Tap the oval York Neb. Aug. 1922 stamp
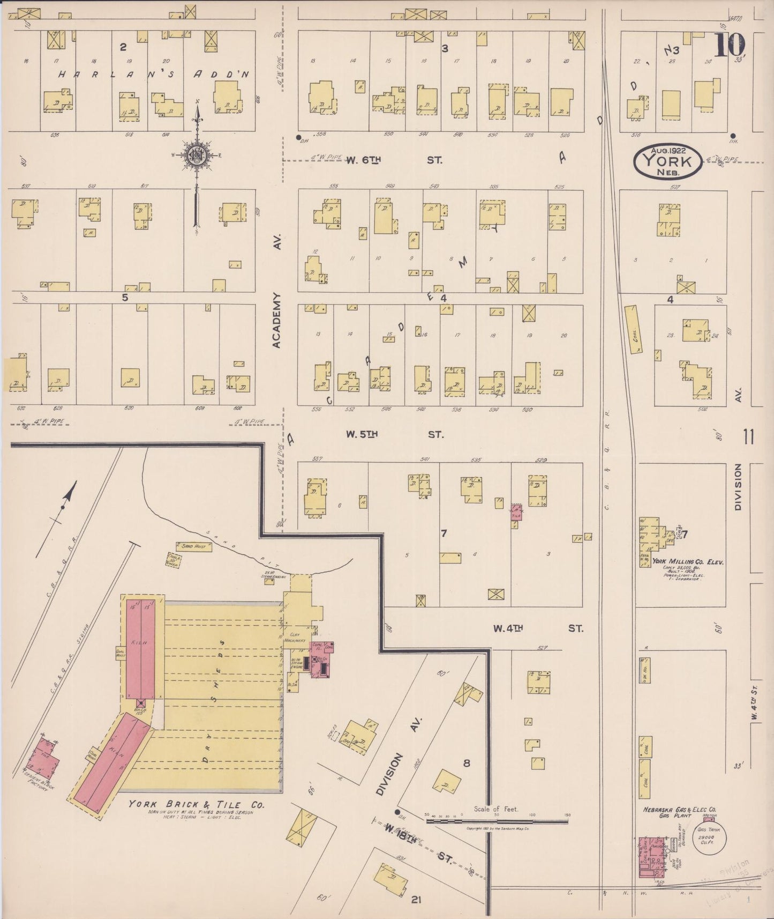[667, 161]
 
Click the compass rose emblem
[197, 155]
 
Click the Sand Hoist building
[193, 546]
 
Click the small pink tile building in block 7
[516, 512]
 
